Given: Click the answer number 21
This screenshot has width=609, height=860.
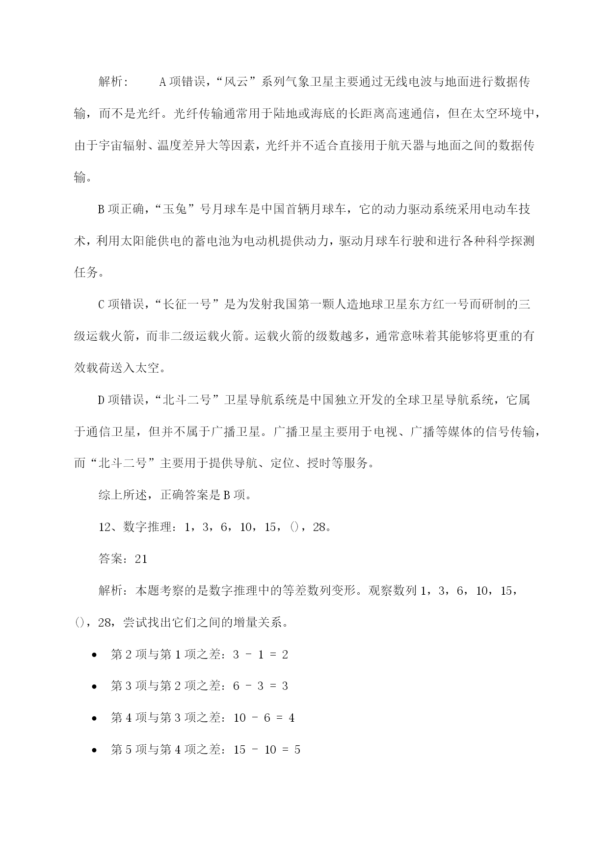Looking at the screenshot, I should [141, 559].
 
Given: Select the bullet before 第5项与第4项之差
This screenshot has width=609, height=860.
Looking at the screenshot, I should [94, 750].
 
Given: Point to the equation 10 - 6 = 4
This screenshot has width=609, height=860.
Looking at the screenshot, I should [264, 718].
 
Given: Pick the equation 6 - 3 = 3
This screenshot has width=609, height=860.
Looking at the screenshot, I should [261, 686].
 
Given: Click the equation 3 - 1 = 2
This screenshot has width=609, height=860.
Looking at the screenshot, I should [261, 655].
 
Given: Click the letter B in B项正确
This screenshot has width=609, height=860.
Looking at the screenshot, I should [102, 209].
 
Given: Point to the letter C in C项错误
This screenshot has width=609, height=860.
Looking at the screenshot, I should [102, 304].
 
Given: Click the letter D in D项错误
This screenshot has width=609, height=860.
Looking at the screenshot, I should [102, 400].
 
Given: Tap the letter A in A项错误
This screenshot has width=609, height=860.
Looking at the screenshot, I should [163, 82].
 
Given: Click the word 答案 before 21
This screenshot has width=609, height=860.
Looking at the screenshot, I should [110, 559].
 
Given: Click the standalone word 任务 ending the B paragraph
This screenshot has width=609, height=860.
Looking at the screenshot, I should [86, 273].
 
